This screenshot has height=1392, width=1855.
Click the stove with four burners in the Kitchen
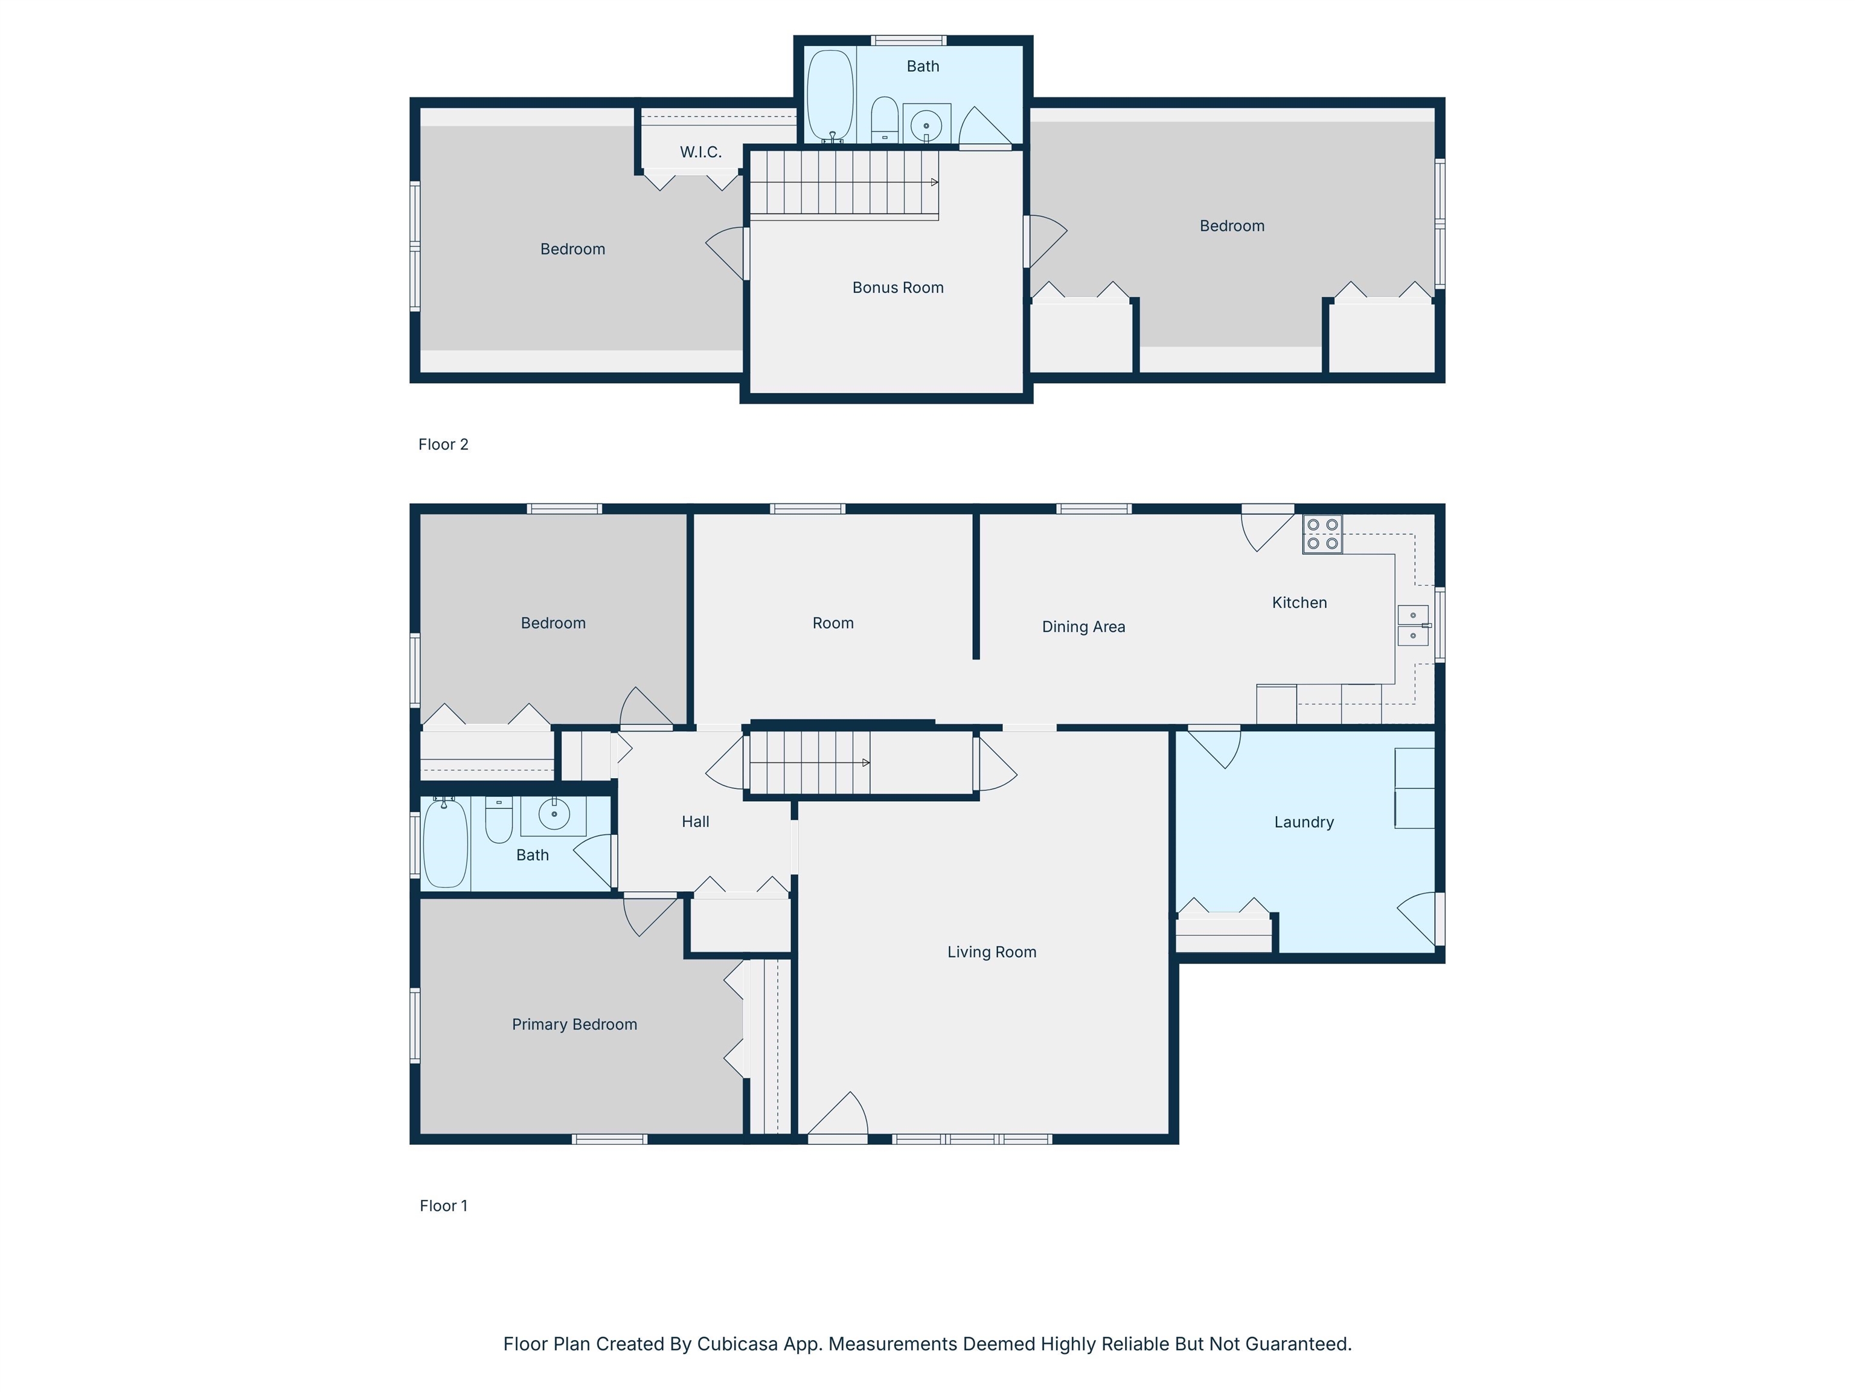click(x=1322, y=533)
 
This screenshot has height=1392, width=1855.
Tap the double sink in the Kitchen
click(x=1413, y=625)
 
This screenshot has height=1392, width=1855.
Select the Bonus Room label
click(x=897, y=288)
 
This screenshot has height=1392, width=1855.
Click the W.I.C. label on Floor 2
click(x=700, y=152)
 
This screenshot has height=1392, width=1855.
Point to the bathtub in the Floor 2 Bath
click(x=830, y=95)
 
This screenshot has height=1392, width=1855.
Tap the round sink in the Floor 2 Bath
click(x=926, y=126)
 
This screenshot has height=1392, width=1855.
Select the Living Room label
click(x=992, y=952)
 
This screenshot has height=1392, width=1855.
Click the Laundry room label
click(x=1303, y=822)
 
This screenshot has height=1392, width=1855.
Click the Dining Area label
click(x=1083, y=627)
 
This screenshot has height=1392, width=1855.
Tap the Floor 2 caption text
click(x=443, y=445)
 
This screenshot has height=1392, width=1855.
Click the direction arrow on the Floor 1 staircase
click(x=865, y=762)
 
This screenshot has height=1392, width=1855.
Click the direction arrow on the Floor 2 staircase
click(x=934, y=182)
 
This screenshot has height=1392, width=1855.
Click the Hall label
click(x=694, y=822)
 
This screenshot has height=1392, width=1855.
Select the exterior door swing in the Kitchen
click(x=1266, y=530)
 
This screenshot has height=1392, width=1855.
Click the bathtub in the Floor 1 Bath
click(x=444, y=843)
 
